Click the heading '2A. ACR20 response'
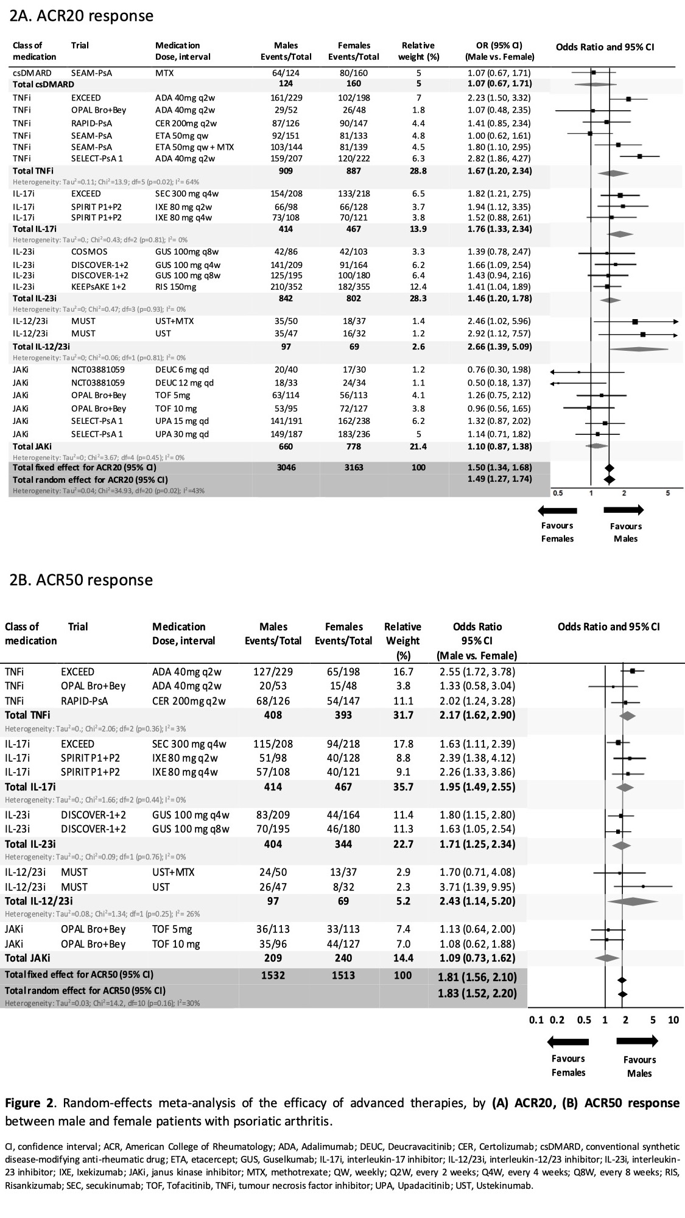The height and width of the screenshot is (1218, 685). click(x=82, y=16)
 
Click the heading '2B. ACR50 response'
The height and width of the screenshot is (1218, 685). click(x=81, y=580)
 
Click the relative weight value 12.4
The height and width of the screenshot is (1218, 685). click(x=419, y=287)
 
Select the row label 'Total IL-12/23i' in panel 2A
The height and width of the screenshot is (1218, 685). click(x=41, y=347)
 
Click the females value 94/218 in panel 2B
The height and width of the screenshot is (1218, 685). click(x=343, y=744)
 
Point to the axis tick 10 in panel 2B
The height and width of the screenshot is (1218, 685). click(x=673, y=1020)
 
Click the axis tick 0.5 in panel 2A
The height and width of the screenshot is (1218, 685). click(x=558, y=493)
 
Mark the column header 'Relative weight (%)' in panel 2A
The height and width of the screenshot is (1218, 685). click(x=418, y=51)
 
